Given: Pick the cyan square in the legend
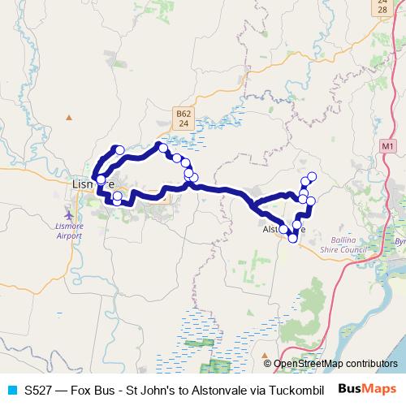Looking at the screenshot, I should point(12,391).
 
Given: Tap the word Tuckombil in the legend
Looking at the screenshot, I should point(297,391).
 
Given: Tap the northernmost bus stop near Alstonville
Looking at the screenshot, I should point(311,176).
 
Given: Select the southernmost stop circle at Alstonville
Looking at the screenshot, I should point(292,238).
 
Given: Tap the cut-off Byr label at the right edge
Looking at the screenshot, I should point(400,242).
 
